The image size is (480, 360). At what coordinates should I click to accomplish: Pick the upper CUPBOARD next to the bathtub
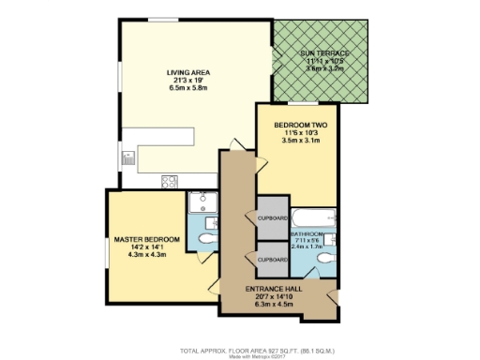tap(272, 217)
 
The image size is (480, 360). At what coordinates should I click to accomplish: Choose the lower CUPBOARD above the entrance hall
tap(272, 259)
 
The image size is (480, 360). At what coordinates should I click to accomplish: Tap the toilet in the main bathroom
tap(324, 257)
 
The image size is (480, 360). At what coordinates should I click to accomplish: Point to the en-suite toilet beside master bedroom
tap(205, 239)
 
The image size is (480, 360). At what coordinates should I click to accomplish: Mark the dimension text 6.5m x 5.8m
tap(188, 87)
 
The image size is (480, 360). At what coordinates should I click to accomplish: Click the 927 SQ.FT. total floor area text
tap(239, 347)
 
